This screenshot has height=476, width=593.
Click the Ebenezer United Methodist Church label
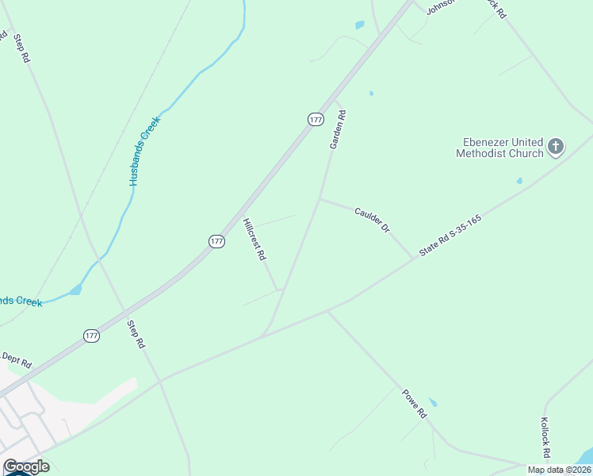[499, 148]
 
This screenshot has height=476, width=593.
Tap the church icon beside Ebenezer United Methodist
[556, 146]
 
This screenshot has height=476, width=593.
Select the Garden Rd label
[338, 129]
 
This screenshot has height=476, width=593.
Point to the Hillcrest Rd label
[254, 240]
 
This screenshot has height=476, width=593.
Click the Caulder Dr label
[373, 219]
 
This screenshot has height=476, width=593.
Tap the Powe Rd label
[414, 403]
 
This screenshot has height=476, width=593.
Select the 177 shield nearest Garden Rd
[316, 119]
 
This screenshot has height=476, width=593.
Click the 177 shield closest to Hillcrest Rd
[216, 241]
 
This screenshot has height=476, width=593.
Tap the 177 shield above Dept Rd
[91, 336]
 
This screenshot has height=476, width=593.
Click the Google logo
[26, 466]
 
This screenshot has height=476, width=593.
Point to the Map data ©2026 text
[559, 470]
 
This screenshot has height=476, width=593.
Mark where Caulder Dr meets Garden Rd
[320, 199]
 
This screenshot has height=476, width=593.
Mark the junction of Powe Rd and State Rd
[327, 310]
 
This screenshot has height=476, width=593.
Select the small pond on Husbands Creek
[75, 290]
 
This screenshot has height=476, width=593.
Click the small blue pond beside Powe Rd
[432, 402]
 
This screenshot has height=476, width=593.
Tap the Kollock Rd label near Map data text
[545, 438]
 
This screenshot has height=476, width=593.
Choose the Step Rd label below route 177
[137, 334]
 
